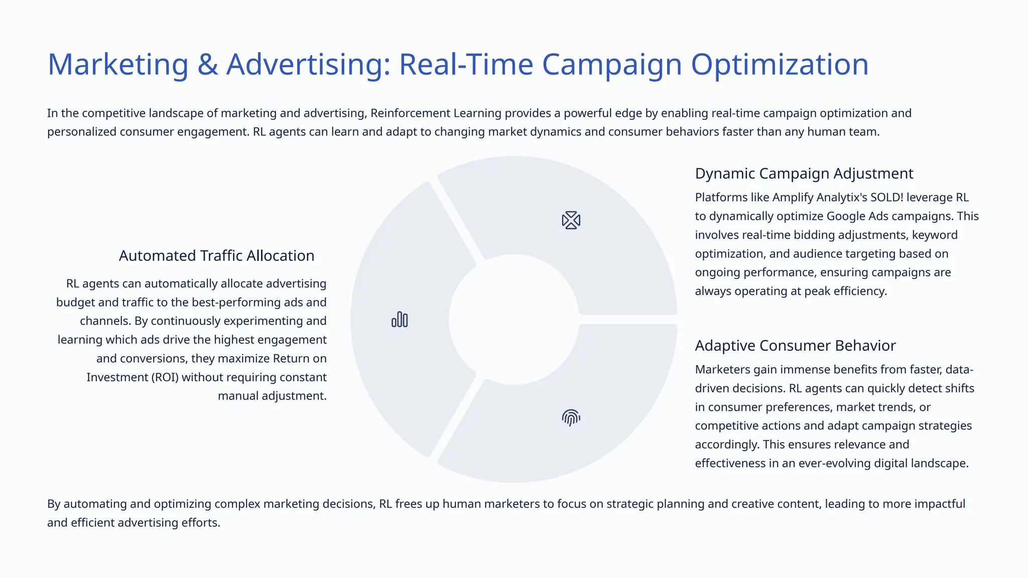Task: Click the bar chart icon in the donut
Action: [x=400, y=320]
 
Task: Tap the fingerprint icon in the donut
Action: [x=571, y=417]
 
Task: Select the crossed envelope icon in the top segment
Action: [x=571, y=220]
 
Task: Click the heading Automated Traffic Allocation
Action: [x=216, y=256]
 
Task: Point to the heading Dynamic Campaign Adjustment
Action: [x=804, y=174]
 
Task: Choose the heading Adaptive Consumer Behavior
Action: [x=795, y=346]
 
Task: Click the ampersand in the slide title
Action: [x=207, y=65]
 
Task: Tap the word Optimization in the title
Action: [x=780, y=65]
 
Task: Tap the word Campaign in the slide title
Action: [x=612, y=65]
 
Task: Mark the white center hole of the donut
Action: [x=514, y=320]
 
